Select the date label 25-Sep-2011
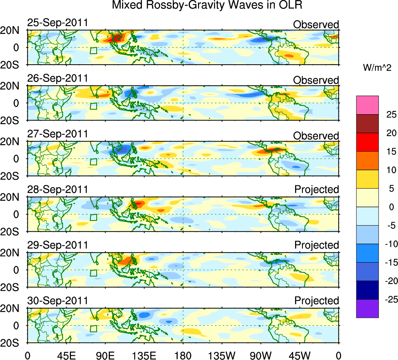tap(58, 23)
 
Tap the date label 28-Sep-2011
tap(58, 190)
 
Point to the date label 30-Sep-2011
tap(58, 301)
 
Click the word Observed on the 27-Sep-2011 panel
tap(316, 136)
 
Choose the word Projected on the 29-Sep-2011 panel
tap(317, 245)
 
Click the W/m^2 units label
tap(377, 68)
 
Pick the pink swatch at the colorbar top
tap(367, 105)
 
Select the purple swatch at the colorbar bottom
tap(367, 309)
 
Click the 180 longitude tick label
tap(183, 355)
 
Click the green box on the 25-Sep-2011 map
tap(93, 51)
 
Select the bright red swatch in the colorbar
tap(367, 142)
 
